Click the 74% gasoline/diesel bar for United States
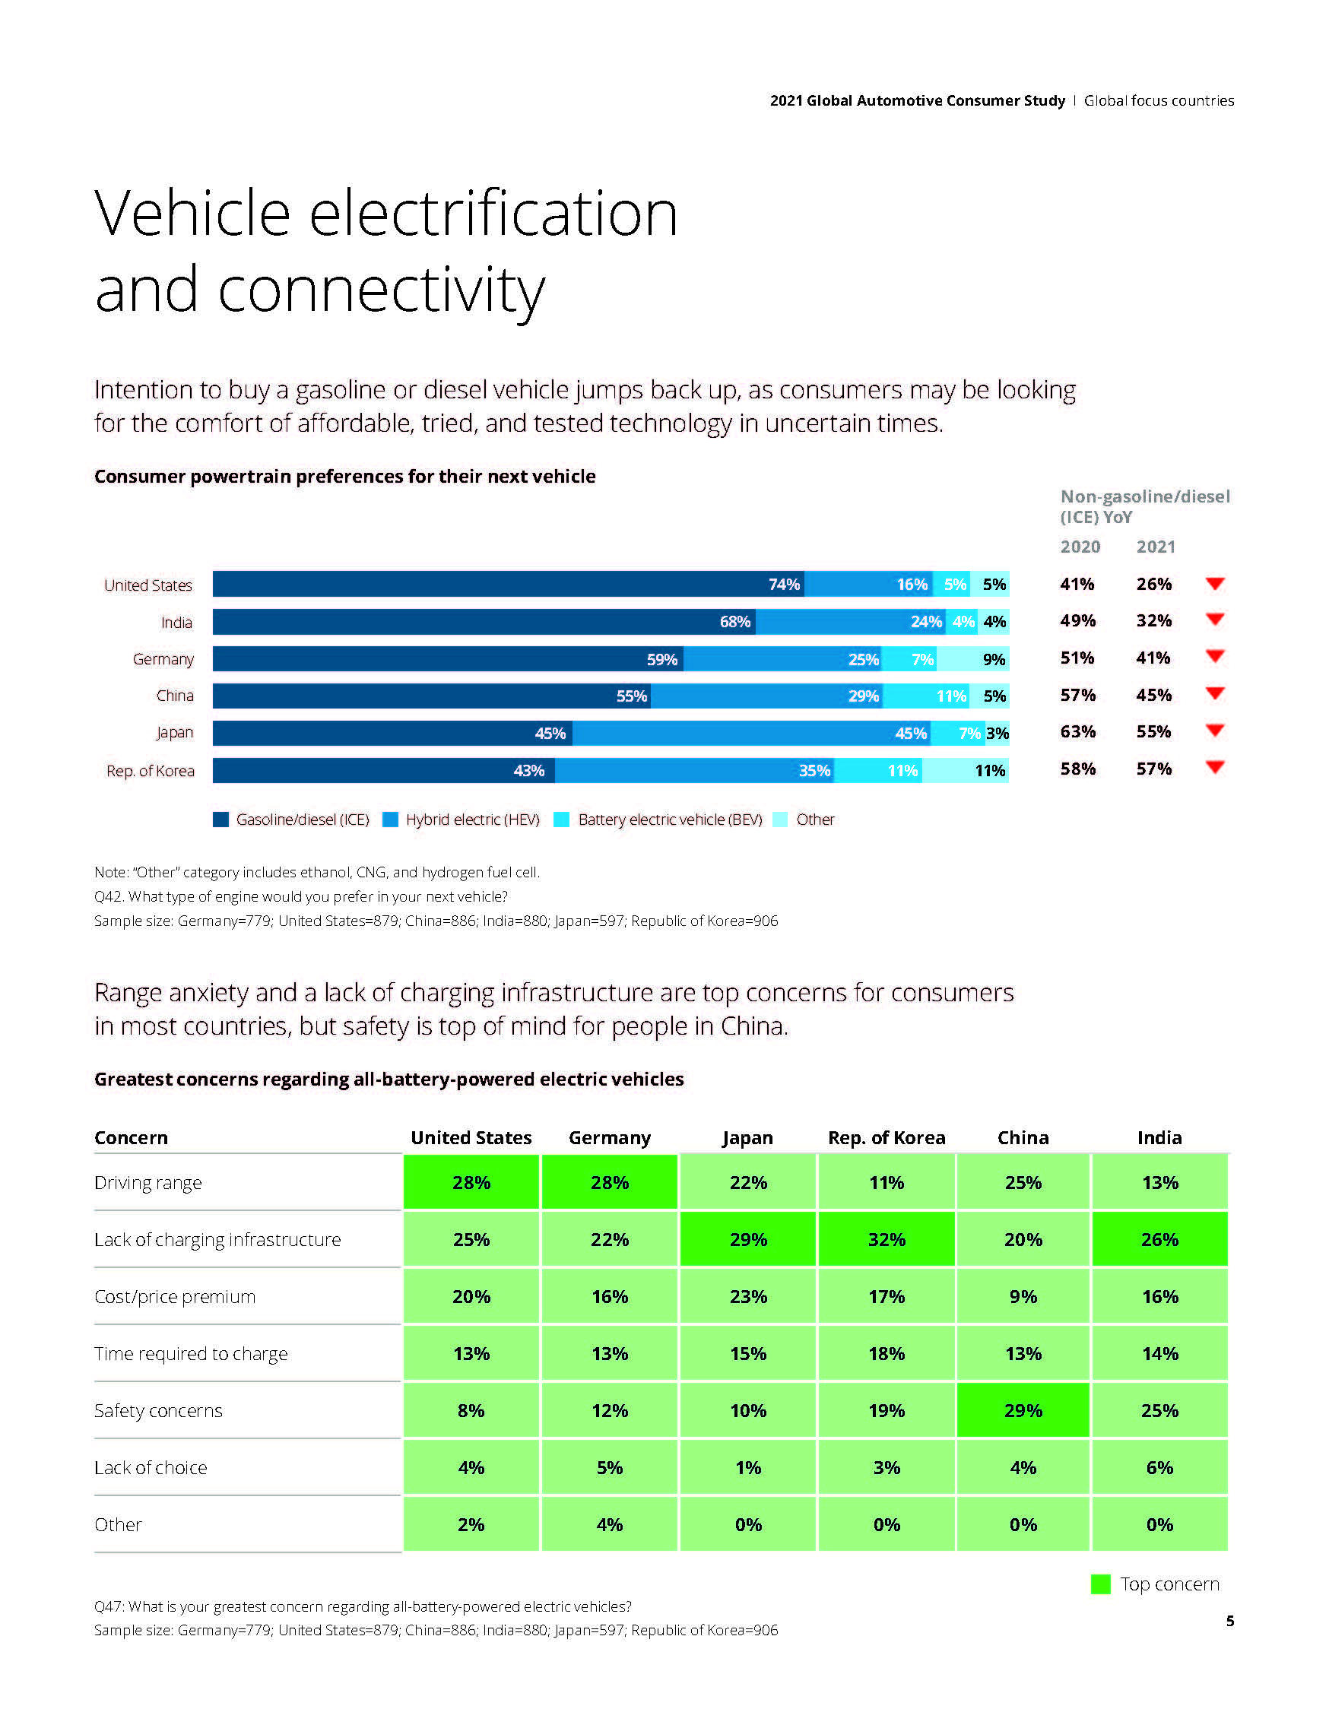[x=509, y=584]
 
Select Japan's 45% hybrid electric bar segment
[x=751, y=733]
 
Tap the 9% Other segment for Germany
[x=972, y=659]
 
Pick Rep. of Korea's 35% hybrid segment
[x=694, y=771]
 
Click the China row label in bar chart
[x=175, y=696]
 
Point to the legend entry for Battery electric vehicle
[x=669, y=820]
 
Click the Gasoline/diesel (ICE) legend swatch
[x=220, y=820]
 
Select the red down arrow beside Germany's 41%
[x=1215, y=657]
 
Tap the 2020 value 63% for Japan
[x=1078, y=731]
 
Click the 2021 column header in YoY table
[x=1155, y=547]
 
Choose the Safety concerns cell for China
[x=1022, y=1410]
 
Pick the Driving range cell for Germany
[x=609, y=1182]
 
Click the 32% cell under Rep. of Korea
[x=886, y=1239]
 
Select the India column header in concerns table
[x=1159, y=1138]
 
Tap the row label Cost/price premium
[x=175, y=1297]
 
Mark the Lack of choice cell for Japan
[x=747, y=1467]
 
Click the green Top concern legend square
[x=1100, y=1584]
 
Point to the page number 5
[x=1229, y=1621]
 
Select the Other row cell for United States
[x=471, y=1524]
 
